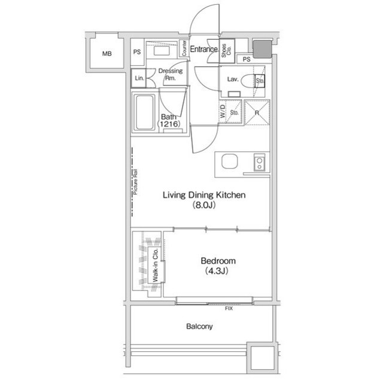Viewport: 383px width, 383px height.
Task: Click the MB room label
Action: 107,53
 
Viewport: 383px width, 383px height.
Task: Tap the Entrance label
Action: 204,49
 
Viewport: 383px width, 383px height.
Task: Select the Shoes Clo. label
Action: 226,50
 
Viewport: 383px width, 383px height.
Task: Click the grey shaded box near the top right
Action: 262,49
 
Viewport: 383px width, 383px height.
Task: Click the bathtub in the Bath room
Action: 145,112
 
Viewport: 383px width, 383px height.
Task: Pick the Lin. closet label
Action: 139,79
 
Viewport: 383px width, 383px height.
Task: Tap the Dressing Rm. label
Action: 171,74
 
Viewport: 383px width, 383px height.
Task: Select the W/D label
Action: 223,111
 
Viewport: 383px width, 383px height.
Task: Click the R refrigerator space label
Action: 257,113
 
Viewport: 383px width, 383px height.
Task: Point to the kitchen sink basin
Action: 230,161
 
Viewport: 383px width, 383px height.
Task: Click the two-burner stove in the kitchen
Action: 259,162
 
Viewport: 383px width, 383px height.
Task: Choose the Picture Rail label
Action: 136,182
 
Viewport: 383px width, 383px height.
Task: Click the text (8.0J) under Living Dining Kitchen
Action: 204,205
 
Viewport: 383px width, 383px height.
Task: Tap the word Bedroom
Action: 218,261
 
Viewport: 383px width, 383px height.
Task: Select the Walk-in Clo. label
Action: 156,266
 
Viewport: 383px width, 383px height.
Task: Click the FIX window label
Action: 229,309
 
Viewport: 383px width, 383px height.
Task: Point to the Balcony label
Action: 199,327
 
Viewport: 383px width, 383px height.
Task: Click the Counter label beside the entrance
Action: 184,48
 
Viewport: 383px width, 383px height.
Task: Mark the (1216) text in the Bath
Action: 169,124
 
